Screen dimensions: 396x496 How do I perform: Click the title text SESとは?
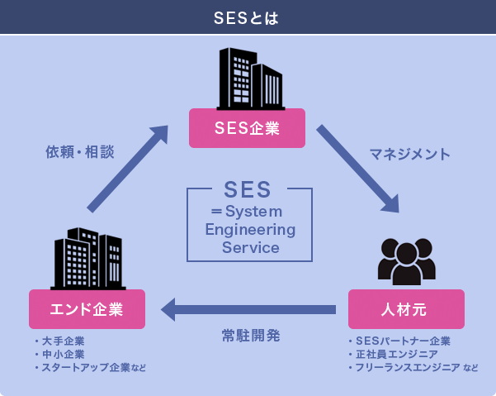point(247,17)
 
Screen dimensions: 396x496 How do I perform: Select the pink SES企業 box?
point(247,128)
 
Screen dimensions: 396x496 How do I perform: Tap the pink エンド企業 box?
point(87,309)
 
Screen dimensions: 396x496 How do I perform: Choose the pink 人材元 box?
point(405,309)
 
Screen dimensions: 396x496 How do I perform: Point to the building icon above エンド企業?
point(87,258)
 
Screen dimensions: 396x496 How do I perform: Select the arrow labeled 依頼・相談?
point(126,169)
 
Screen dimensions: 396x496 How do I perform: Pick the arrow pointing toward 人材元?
point(359,169)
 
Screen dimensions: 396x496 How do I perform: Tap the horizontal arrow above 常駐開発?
point(248,310)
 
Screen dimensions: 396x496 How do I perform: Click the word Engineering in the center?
point(249,229)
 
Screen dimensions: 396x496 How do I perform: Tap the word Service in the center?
point(249,247)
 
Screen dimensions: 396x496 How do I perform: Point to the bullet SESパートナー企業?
point(402,341)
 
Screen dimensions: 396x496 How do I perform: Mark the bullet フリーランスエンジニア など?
point(415,367)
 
